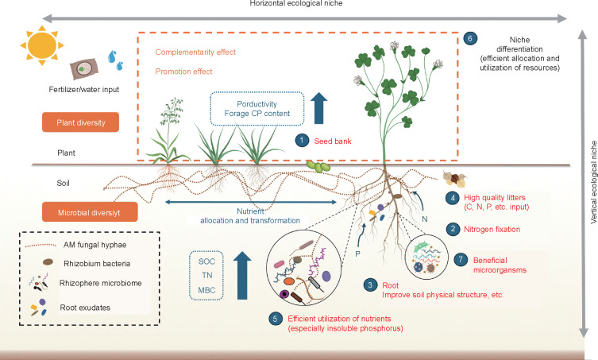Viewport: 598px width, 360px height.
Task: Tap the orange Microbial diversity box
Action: click(x=88, y=212)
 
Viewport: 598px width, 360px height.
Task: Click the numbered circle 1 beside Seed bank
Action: click(x=301, y=140)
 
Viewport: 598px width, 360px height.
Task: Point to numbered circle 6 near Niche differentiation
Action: click(x=470, y=39)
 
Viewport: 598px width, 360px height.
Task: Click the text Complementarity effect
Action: click(x=195, y=52)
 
